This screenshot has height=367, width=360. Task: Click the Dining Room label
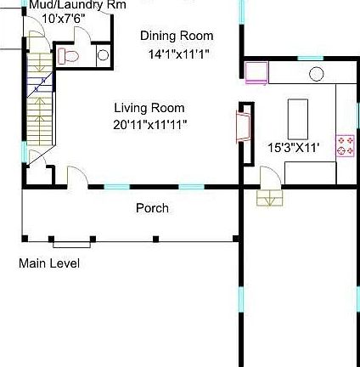click(177, 37)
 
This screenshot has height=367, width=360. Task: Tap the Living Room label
click(149, 108)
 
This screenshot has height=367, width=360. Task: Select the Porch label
click(152, 208)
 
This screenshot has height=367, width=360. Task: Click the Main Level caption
click(49, 264)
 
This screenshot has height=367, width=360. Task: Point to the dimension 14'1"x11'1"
click(178, 54)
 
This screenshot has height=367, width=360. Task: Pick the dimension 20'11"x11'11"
click(150, 125)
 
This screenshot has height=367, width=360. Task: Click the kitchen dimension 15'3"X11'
click(293, 148)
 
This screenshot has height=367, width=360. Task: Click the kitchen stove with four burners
click(345, 145)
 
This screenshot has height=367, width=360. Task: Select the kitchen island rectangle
click(297, 118)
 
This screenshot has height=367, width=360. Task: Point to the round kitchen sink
click(316, 75)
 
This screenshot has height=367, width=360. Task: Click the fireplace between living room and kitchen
click(244, 127)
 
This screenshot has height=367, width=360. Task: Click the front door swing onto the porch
click(77, 177)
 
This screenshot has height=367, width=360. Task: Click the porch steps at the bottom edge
click(71, 245)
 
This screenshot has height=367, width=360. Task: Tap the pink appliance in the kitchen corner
click(256, 72)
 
